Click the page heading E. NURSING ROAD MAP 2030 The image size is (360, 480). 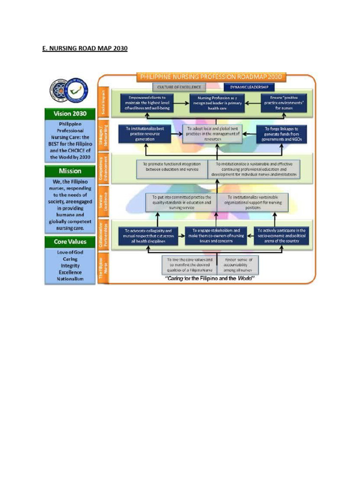(x=85, y=48)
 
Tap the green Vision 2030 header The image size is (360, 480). (x=69, y=113)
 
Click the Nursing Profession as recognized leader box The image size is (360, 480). (x=217, y=104)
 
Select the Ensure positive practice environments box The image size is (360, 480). (x=284, y=104)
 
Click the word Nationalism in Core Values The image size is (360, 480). (x=70, y=279)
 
